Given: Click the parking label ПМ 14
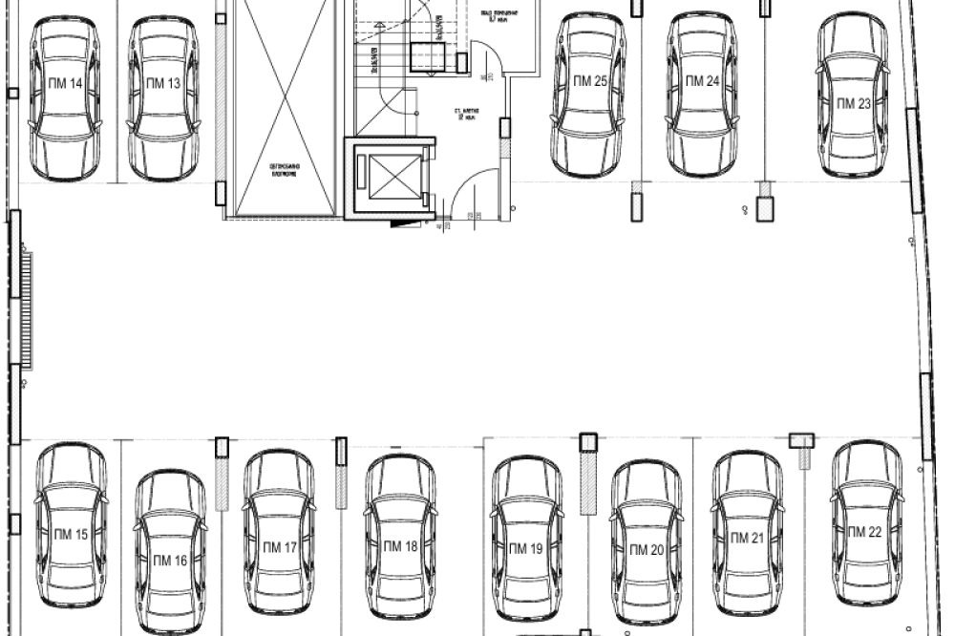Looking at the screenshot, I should point(65,84).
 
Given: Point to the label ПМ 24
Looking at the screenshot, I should point(702,82).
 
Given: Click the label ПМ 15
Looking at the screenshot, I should point(71,535).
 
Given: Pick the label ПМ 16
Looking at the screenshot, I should point(169,561).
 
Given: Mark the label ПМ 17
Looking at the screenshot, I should point(280,547).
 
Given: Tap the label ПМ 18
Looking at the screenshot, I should point(400,547).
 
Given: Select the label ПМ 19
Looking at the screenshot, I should point(525,548).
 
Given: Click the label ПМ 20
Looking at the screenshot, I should point(646,550).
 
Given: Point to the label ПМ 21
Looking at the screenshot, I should point(747,539).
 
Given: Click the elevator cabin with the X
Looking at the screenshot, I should point(388,176).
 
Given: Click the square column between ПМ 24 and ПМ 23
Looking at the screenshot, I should point(764,208).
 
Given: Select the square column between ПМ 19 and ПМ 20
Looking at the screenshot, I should point(588,441).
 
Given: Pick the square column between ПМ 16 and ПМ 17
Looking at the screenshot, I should point(223,446).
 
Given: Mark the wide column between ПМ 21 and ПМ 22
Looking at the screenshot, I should point(800,440).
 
